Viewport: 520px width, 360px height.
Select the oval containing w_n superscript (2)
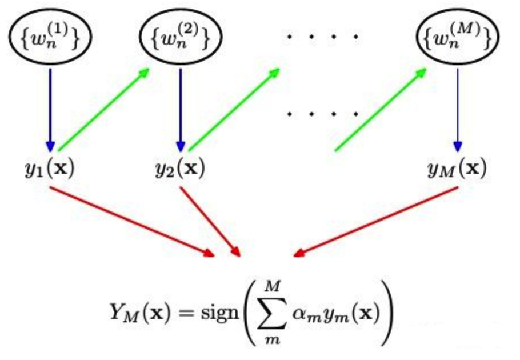click(180, 38)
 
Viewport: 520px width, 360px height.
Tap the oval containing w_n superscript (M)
click(457, 38)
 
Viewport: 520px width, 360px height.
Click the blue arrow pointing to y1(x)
click(50, 109)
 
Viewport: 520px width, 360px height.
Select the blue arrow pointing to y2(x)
click(181, 109)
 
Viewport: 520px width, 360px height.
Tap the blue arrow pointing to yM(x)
click(457, 109)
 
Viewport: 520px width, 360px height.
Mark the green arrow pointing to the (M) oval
click(381, 109)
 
